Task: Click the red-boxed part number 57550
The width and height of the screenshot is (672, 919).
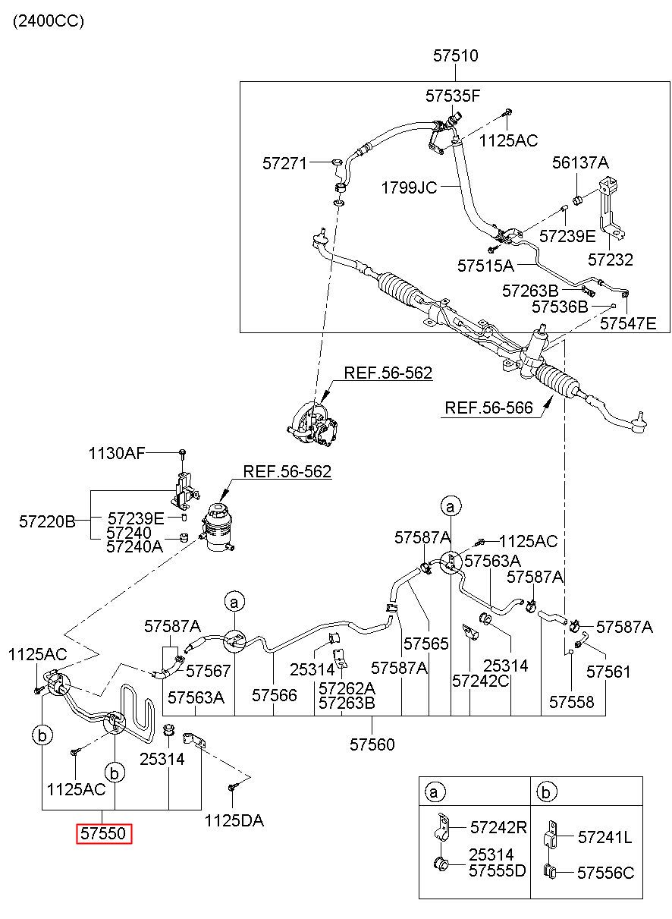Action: click(x=103, y=833)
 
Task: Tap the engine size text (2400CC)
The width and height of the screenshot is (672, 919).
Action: click(x=49, y=21)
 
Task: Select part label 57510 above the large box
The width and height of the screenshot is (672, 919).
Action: click(x=456, y=56)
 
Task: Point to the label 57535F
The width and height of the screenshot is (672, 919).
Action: click(x=453, y=96)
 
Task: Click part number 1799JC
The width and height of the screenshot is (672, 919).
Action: click(x=409, y=188)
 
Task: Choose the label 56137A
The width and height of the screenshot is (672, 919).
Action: click(x=580, y=163)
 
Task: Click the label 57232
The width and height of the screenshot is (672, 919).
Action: click(x=610, y=260)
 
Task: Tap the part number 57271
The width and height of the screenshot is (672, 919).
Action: click(x=284, y=164)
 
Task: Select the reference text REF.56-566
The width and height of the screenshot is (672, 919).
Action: click(x=488, y=408)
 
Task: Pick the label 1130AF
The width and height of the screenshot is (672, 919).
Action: click(x=117, y=453)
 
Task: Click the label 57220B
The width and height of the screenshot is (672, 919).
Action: click(x=47, y=521)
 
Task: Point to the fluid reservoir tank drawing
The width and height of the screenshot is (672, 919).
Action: click(x=218, y=528)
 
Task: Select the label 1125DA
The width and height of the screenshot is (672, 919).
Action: click(x=234, y=820)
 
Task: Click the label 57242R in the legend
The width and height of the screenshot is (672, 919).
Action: click(x=498, y=827)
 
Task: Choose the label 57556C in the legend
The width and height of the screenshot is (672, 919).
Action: click(x=605, y=873)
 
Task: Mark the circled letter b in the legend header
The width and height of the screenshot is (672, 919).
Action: click(x=546, y=792)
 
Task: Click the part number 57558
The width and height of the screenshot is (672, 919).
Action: click(x=572, y=702)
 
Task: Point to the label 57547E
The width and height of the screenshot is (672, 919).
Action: click(x=628, y=323)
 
